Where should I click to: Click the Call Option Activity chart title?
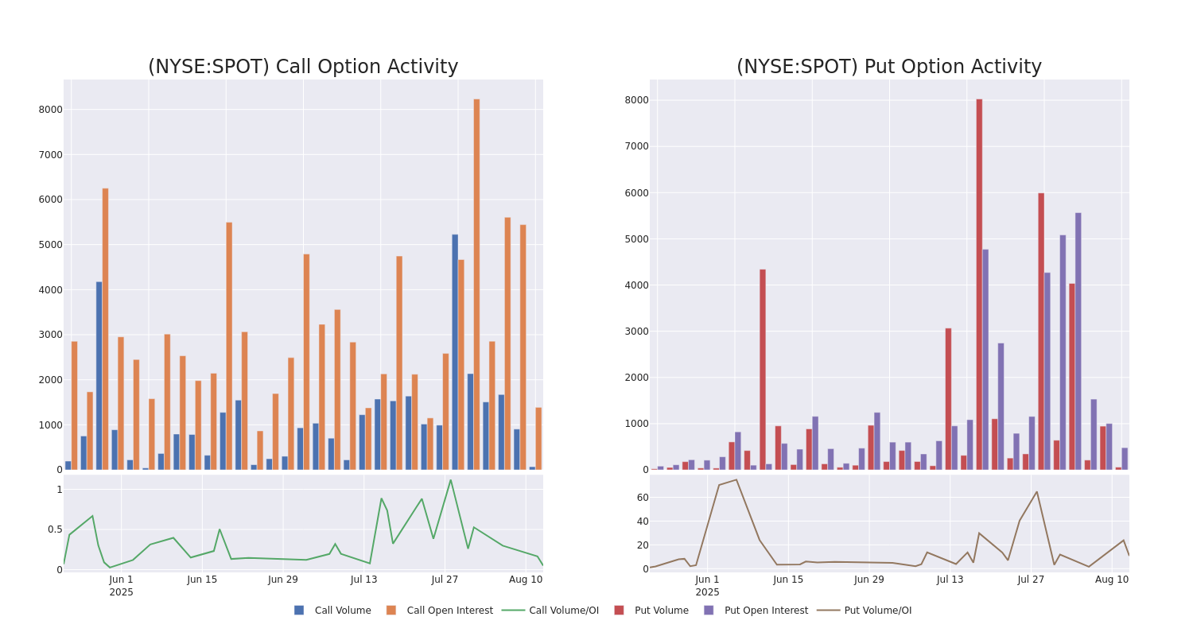coord(303,68)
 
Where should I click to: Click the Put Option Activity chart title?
coord(888,68)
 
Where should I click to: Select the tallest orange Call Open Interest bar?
coord(476,284)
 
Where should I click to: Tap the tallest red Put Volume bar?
coord(979,284)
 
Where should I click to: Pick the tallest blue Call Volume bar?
coord(455,351)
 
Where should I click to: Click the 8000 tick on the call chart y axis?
coord(50,110)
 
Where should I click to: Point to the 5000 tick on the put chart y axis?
coord(635,239)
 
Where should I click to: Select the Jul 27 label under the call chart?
coord(445,580)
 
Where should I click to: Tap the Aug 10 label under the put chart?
coord(1111,580)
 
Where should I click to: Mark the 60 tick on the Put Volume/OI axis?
coord(642,498)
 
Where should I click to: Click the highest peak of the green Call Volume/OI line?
coord(450,480)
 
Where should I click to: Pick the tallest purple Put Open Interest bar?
coord(1078,341)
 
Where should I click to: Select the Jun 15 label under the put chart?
coord(788,580)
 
